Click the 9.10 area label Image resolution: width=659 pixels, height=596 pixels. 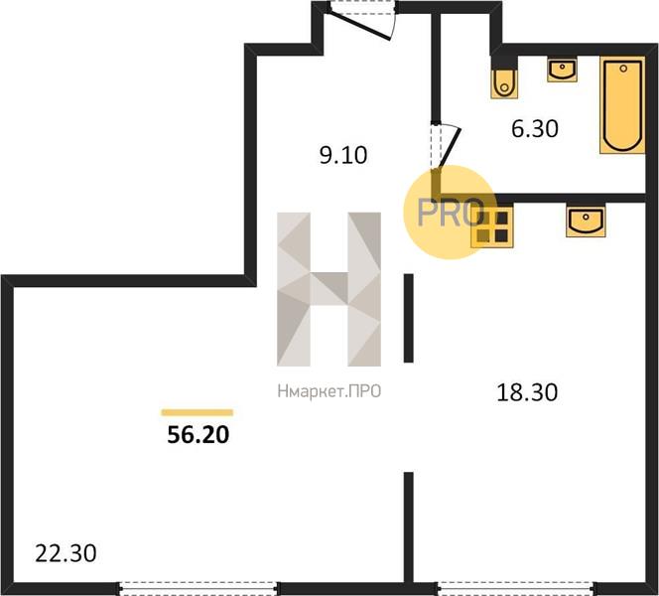click(343, 155)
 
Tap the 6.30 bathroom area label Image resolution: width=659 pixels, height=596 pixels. click(535, 129)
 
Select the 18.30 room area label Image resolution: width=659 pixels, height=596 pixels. click(527, 392)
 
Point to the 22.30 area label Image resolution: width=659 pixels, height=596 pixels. click(66, 553)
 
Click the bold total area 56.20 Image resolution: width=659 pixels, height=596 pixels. click(198, 434)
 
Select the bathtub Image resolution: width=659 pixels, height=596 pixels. click(622, 105)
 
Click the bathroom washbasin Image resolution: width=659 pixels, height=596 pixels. click(562, 71)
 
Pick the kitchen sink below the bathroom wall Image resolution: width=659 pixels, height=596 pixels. click(586, 221)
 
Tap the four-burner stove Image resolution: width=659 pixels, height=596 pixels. click(491, 227)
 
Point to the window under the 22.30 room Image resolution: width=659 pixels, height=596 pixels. click(198, 588)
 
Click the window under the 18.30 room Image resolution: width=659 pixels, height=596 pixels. click(517, 588)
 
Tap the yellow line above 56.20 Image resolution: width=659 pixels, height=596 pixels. click(198, 412)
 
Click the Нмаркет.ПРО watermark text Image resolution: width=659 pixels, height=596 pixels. click(329, 391)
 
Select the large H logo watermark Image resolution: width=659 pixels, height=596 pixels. click(329, 289)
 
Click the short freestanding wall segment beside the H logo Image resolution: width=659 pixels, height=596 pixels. click(409, 318)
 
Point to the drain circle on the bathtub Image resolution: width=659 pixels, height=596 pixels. click(623, 69)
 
